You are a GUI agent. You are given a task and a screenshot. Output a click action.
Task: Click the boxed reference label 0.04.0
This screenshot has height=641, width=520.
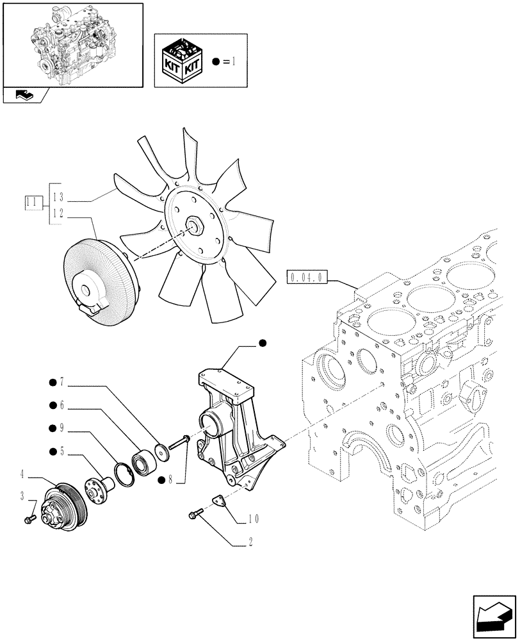[x=308, y=278]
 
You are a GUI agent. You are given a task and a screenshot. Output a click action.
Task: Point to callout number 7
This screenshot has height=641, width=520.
[x=62, y=383]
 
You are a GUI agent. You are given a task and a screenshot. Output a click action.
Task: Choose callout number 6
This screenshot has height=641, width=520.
[x=62, y=405]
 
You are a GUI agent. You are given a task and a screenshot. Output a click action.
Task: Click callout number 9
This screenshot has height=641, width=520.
[x=62, y=428]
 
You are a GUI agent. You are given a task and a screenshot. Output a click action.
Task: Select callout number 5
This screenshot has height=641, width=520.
[x=62, y=451]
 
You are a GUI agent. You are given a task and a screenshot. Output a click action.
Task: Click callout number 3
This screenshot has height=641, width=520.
[x=22, y=495]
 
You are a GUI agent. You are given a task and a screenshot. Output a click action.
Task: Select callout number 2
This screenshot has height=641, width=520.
[x=250, y=542]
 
